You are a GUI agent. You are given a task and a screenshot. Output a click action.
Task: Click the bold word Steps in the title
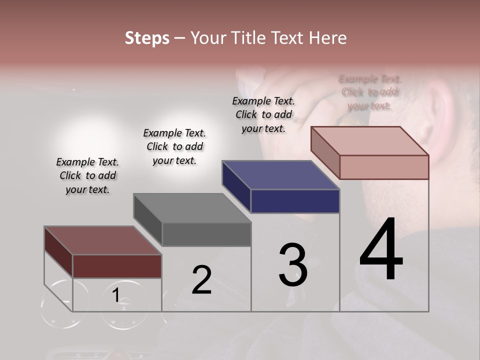point(147,38)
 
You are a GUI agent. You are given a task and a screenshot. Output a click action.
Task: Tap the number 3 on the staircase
point(293,265)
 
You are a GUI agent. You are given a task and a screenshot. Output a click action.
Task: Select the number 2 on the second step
point(201,280)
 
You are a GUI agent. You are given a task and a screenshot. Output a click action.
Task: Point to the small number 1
point(115,295)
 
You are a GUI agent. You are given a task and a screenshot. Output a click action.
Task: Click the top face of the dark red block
point(103,240)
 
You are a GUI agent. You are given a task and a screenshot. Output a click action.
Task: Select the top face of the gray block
point(192,208)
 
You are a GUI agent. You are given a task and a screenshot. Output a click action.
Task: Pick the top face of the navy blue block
point(281,175)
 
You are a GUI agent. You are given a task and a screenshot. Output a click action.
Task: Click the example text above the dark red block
point(87,176)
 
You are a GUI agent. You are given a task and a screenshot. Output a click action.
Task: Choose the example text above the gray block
point(174,146)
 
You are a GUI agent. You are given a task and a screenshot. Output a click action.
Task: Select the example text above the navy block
point(263,114)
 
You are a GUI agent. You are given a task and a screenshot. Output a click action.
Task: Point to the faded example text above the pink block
point(370,92)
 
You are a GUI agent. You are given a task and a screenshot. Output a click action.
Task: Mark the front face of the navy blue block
point(295,201)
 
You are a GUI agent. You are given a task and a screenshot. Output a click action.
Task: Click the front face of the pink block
point(384,167)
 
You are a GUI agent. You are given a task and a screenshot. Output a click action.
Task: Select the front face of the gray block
point(206,234)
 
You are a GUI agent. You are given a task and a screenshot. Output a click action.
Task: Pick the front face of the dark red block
point(117,266)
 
